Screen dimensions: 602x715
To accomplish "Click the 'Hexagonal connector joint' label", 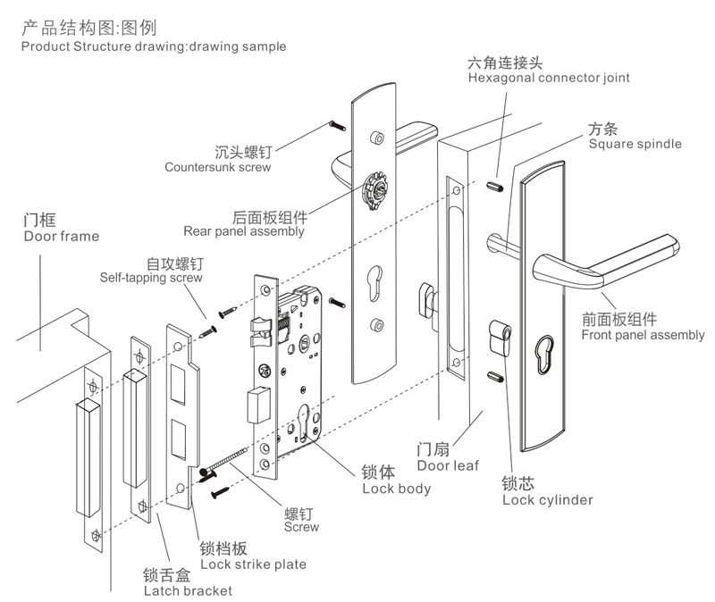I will pos(549,78).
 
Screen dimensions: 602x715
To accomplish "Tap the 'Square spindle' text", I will pos(635,144).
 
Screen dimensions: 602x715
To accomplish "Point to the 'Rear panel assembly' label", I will pos(244,231).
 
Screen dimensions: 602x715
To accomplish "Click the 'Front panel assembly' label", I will pos(643,335).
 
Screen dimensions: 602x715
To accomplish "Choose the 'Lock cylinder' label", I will pos(547,499).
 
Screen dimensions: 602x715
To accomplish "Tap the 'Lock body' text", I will pos(396,489).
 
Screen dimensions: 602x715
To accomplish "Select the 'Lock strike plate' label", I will pos(253,564).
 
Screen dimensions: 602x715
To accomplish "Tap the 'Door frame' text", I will pos(61,237).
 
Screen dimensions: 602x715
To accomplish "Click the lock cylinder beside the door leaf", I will pos(500,339).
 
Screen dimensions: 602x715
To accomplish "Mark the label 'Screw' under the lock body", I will pos(301,527).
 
